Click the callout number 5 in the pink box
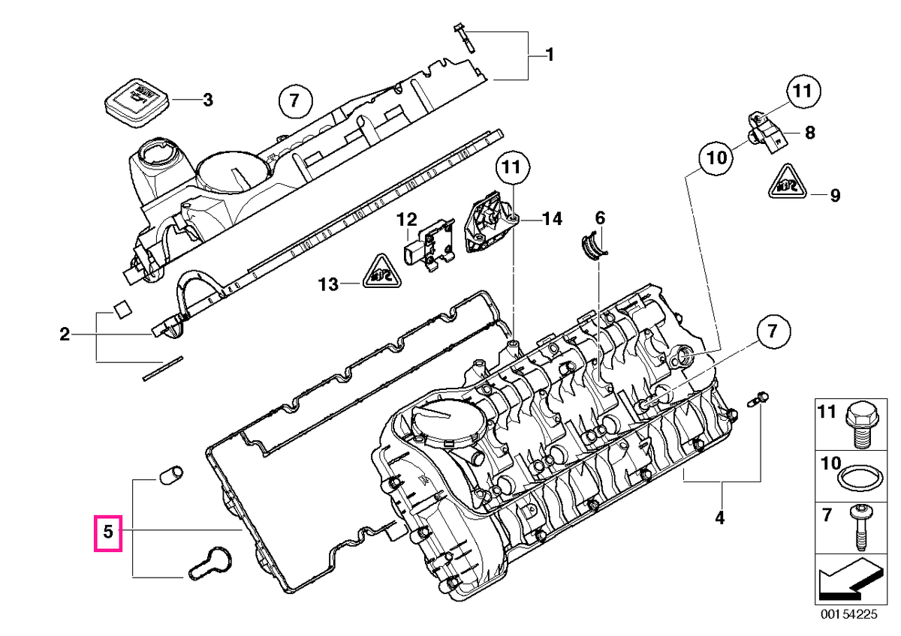108,532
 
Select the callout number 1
550,55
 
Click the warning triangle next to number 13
382,271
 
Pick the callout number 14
552,219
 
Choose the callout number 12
407,220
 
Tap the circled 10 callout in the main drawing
716,158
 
